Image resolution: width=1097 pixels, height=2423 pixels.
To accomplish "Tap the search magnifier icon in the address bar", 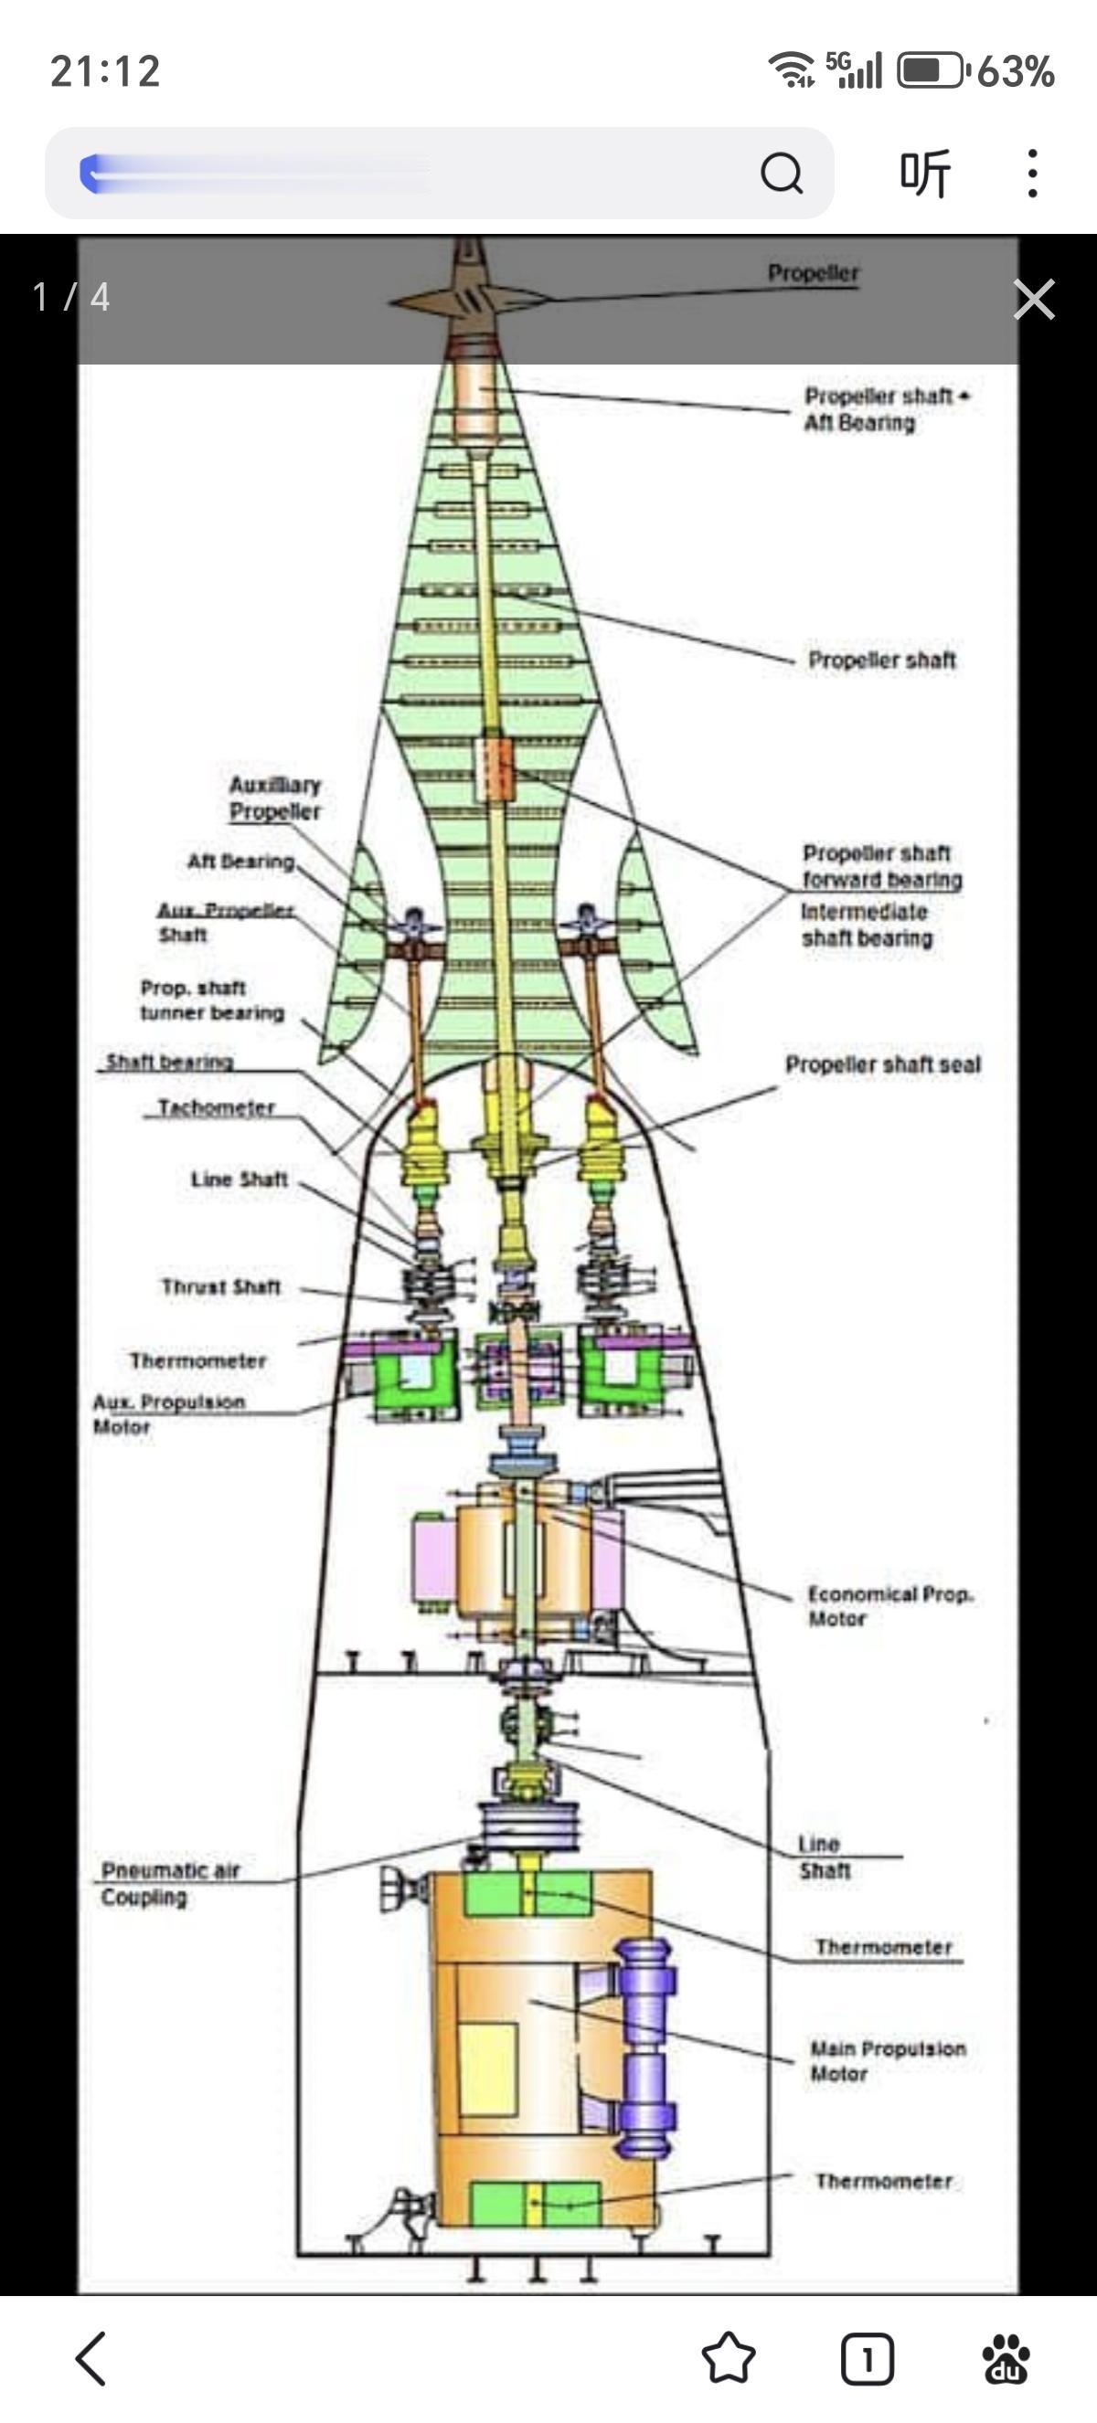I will (x=781, y=173).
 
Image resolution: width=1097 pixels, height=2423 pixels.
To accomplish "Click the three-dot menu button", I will (x=1032, y=173).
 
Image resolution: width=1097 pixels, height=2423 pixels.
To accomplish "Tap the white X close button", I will (x=1034, y=299).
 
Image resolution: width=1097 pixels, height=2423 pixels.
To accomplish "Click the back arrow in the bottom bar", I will (x=91, y=2358).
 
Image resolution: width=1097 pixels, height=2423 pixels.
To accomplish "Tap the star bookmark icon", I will (x=729, y=2358).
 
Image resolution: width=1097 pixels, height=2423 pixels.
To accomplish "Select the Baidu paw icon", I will (x=1006, y=2358).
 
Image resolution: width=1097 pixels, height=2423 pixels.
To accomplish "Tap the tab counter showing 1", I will (x=867, y=2358).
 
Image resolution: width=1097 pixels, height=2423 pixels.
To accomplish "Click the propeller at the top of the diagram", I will (x=469, y=298).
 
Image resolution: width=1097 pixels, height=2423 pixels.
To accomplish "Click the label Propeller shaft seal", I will (x=882, y=1064).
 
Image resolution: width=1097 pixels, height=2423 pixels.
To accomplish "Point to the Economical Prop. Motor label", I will (x=889, y=1605).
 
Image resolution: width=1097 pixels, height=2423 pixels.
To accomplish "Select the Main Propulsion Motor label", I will (x=887, y=2061).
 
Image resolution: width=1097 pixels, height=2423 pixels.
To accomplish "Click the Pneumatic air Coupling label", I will (x=170, y=1883).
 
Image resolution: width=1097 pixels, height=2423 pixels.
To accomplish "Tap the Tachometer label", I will (x=216, y=1107).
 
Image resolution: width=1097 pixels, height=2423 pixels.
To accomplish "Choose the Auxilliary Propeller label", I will (x=275, y=798).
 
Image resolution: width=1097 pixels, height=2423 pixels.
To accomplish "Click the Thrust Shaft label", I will (x=221, y=1286).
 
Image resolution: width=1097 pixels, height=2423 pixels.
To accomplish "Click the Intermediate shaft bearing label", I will (x=867, y=925).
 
